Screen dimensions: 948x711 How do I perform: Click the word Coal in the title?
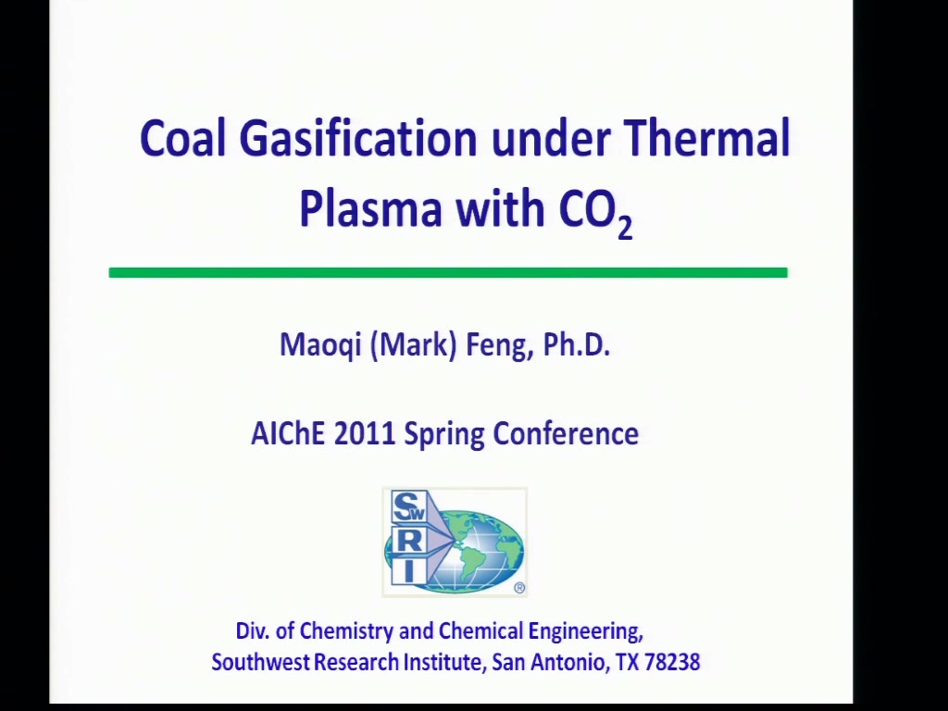pos(182,138)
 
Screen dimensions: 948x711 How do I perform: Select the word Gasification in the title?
pos(358,138)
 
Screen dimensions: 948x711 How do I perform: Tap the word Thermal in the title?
pos(706,138)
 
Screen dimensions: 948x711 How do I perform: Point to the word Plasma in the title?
pos(370,208)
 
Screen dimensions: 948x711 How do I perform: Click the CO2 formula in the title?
pos(595,212)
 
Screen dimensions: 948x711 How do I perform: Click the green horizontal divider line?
pos(448,273)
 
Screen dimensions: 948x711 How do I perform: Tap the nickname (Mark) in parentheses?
pos(413,345)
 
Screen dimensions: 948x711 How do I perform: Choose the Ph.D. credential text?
pos(576,344)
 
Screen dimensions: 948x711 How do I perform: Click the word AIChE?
pos(288,433)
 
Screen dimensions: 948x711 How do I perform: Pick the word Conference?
pos(566,433)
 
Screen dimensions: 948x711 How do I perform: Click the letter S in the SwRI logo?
pos(405,505)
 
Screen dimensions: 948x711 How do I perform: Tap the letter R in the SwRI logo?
pos(408,541)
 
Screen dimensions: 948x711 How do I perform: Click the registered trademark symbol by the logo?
pos(519,588)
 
